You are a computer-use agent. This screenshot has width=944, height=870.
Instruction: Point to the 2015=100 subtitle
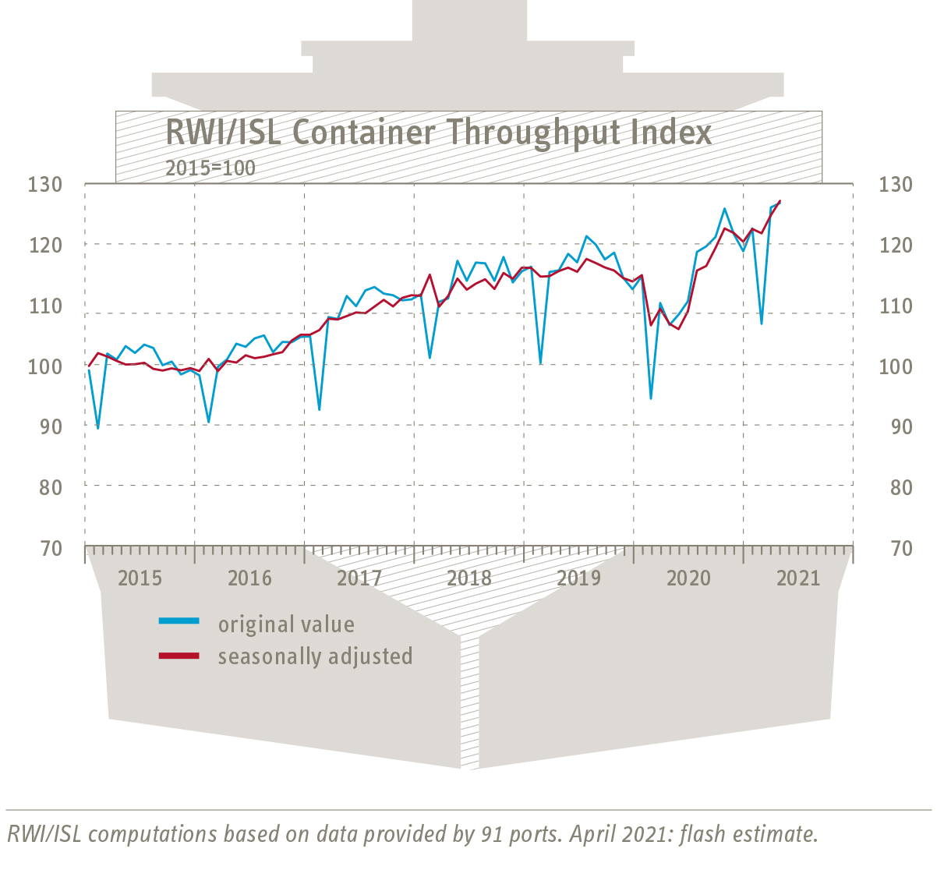click(x=210, y=168)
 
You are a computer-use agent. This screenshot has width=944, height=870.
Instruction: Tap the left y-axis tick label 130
click(x=44, y=185)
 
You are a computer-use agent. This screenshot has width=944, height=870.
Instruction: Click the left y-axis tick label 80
click(x=49, y=487)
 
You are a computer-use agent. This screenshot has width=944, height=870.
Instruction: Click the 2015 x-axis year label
click(x=140, y=578)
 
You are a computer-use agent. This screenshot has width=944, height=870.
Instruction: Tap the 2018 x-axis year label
click(x=469, y=578)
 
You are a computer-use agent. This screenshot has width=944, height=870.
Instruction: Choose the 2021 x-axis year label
click(x=798, y=578)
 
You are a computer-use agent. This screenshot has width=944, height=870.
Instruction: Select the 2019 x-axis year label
click(x=579, y=578)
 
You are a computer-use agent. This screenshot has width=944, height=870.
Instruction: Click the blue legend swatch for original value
click(x=179, y=621)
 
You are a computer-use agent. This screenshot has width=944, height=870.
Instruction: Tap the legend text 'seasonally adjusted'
click(x=315, y=656)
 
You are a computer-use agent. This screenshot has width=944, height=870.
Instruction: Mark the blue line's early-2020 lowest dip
click(x=651, y=398)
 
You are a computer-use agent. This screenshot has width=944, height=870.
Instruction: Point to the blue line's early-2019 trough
click(x=540, y=363)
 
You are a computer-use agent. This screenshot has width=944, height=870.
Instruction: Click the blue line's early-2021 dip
click(x=761, y=323)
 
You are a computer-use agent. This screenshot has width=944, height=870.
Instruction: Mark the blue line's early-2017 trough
click(x=319, y=409)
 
